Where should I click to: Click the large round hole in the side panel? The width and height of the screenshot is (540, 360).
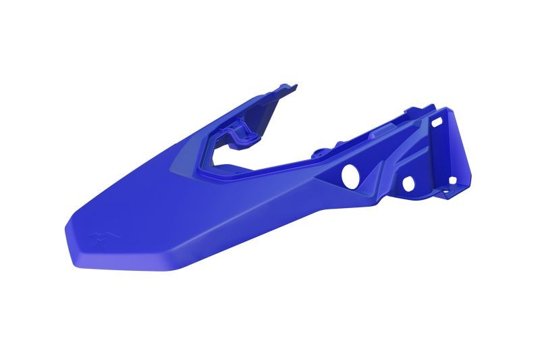pyautogui.click(x=350, y=176)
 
